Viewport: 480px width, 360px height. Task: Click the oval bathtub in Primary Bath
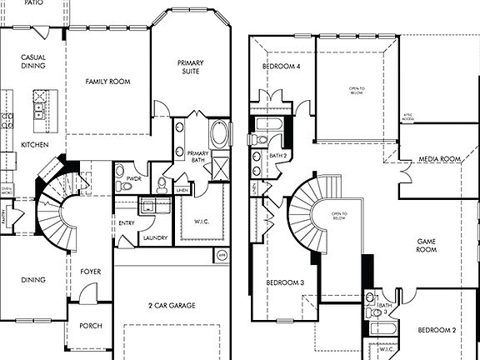[x=219, y=133]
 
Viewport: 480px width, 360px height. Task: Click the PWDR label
[x=133, y=178]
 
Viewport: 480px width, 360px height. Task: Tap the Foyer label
[x=90, y=272]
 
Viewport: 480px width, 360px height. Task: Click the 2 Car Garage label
[x=172, y=306]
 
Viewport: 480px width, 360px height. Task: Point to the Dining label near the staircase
[x=33, y=280]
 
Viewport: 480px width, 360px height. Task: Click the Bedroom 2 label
[x=437, y=330]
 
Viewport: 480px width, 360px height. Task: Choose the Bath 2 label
[x=277, y=156]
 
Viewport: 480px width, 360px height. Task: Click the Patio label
[x=33, y=4]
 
